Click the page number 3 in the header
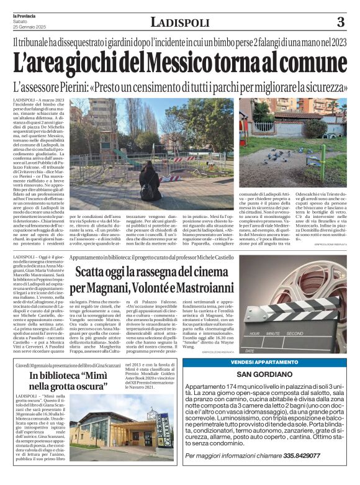pyautogui.click(x=340, y=22)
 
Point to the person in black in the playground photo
pyautogui.click(x=150, y=182)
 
